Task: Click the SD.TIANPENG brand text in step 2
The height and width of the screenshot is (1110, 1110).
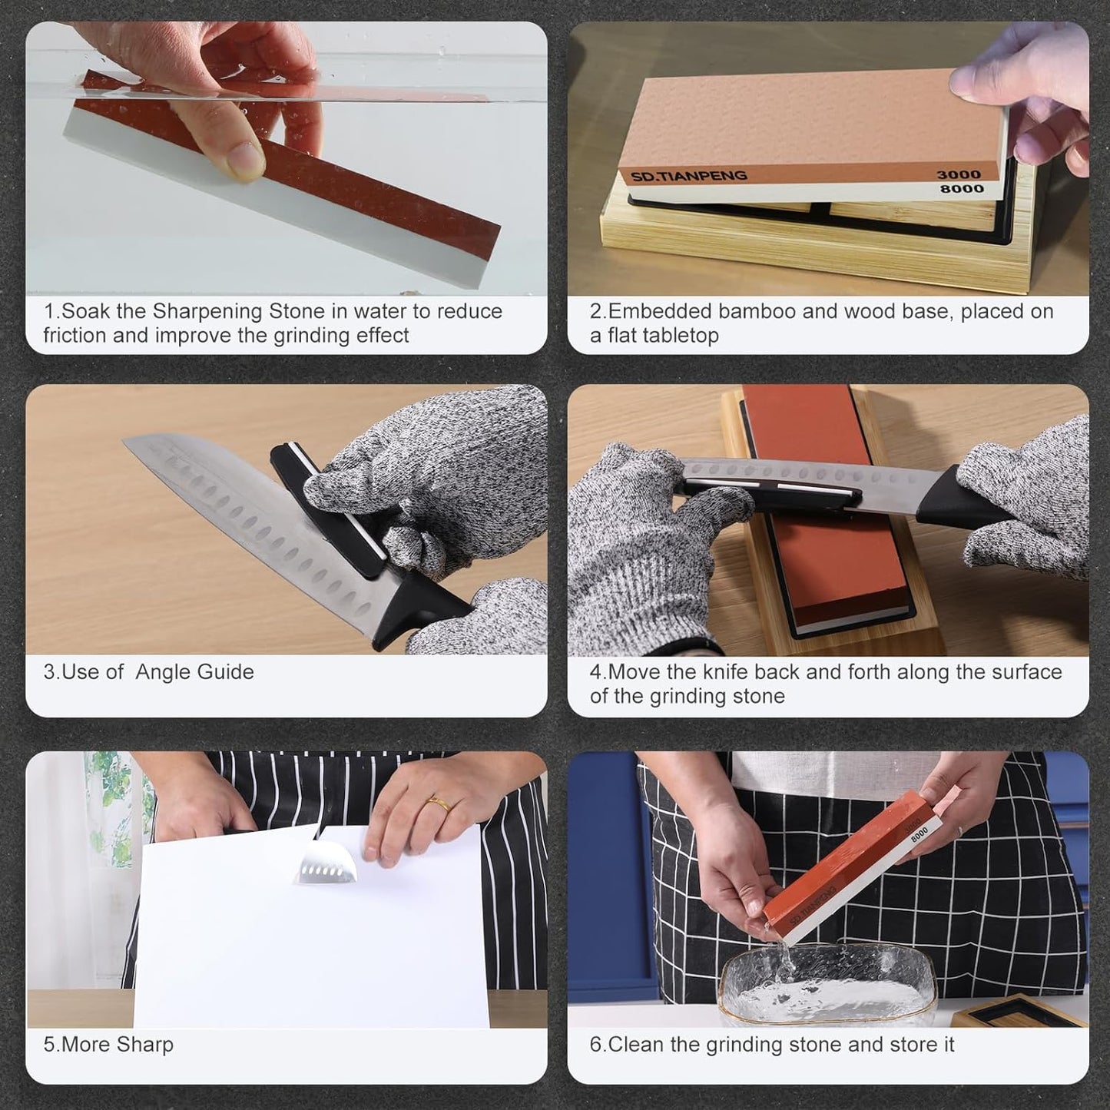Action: point(689,176)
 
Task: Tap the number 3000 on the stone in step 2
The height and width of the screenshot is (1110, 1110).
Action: point(959,174)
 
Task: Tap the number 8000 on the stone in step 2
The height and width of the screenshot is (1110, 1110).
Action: point(962,188)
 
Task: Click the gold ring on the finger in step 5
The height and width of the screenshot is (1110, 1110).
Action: point(439,803)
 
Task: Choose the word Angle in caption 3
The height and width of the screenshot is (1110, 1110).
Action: point(162,672)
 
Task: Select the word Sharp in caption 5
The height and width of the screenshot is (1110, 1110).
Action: point(144,1045)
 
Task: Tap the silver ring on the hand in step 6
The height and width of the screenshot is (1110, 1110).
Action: point(959,831)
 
